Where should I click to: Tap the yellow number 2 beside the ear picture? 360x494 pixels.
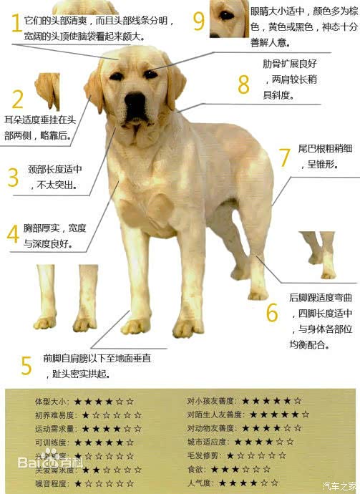(x=17, y=99)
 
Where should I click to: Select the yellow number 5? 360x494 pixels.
(x=26, y=365)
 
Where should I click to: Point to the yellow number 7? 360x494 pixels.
(x=284, y=157)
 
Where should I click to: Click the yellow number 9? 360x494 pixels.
(x=199, y=21)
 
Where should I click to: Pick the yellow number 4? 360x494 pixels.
(x=13, y=234)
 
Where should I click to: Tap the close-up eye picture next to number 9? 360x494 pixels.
(x=228, y=19)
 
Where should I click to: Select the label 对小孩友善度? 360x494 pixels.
(x=212, y=401)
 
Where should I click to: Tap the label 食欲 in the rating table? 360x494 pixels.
(x=195, y=470)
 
